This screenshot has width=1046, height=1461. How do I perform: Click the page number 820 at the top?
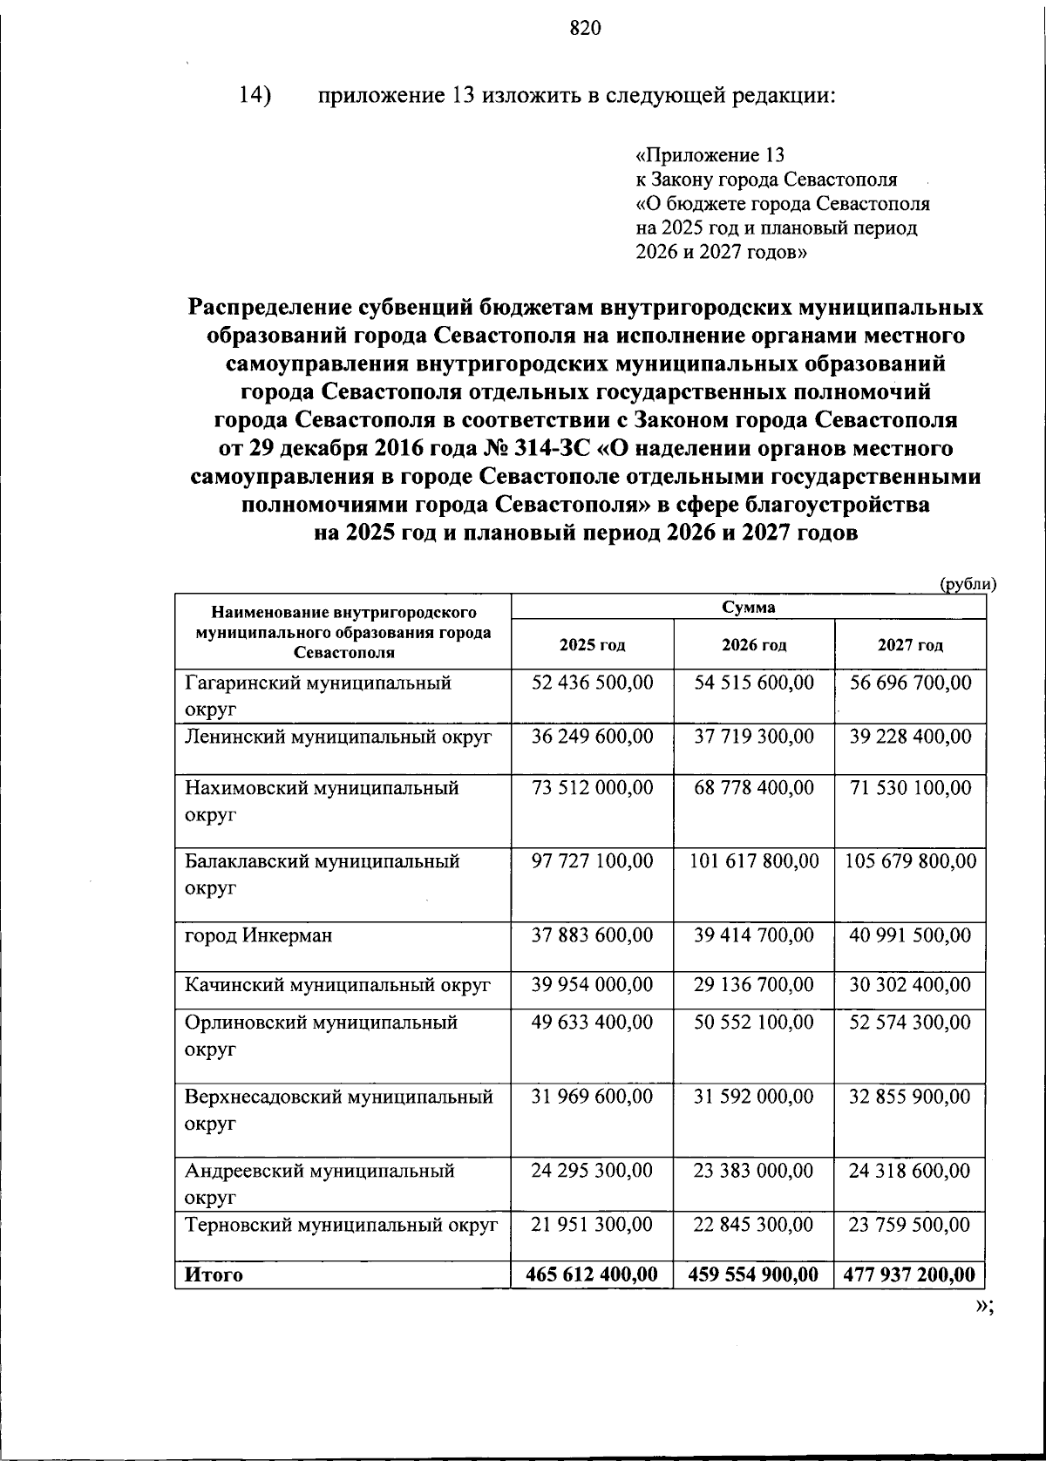point(586,30)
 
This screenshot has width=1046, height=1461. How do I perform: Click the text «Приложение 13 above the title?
point(711,155)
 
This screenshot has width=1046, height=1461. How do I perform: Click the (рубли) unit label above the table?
point(967,585)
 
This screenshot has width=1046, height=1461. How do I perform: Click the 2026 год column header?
point(754,645)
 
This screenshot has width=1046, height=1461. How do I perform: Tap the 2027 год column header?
point(910,645)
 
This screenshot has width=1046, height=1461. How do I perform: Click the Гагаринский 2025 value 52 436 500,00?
point(593,683)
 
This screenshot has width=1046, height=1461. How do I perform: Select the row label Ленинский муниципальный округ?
point(338,737)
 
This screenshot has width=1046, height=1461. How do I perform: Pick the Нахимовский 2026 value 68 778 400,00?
point(754,788)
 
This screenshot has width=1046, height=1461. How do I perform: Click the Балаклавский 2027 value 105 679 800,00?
point(911,861)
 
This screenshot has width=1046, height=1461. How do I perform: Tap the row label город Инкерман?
point(258,935)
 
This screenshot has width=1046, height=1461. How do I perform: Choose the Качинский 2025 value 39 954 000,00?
point(593,985)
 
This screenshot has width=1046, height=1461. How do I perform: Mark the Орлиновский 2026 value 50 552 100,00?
point(754,1022)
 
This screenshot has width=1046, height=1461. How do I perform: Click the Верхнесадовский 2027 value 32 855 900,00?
point(910,1096)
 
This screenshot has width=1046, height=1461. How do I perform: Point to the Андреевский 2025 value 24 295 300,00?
point(593,1170)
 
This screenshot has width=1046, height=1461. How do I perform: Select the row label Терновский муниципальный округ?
point(341,1225)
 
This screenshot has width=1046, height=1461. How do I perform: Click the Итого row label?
point(214,1274)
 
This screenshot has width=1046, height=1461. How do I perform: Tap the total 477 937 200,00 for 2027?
point(910,1274)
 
